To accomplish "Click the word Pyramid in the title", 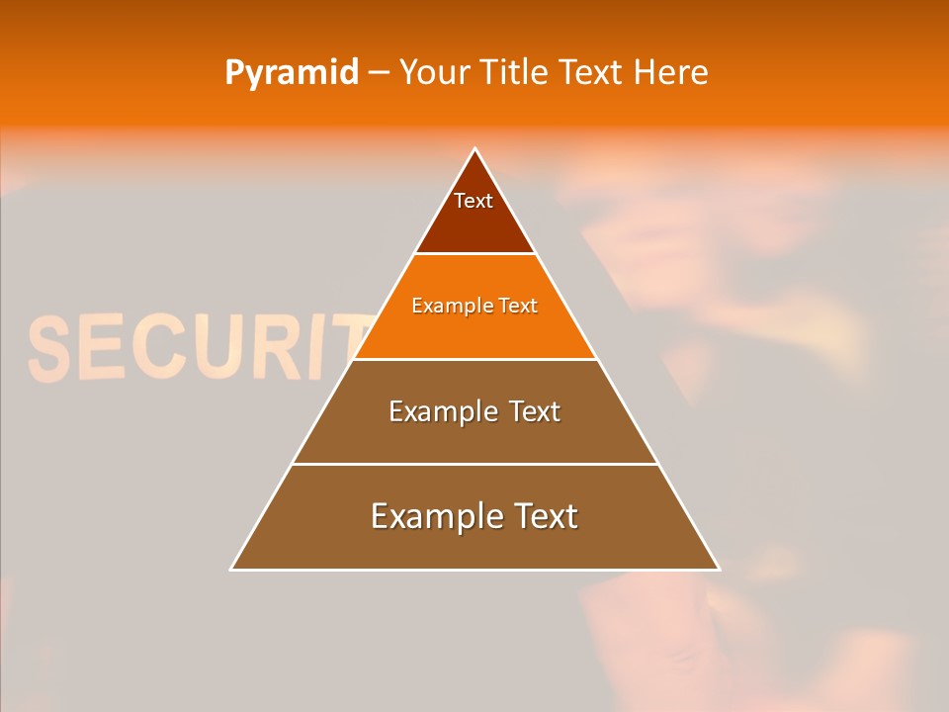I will [292, 73].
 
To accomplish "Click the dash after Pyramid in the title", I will [379, 73].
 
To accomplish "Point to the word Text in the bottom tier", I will [545, 516].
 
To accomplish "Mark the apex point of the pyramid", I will [474, 149].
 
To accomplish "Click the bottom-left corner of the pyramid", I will [232, 569].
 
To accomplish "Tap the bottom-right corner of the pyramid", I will [718, 569].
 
